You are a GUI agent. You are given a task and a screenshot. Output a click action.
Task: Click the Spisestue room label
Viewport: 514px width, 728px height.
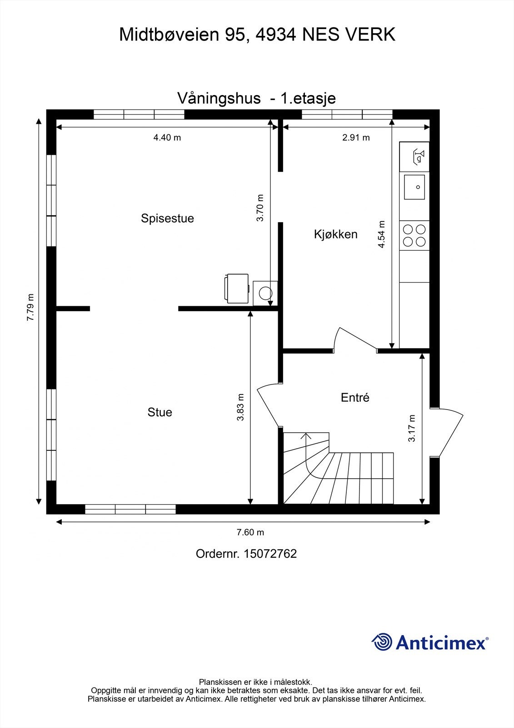pos(167,218)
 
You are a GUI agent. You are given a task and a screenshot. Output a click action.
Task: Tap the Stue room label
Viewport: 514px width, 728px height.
pos(160,412)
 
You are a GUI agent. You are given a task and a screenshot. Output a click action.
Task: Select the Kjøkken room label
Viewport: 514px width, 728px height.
pos(335,234)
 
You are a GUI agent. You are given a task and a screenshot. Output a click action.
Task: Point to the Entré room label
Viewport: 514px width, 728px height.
pos(355,398)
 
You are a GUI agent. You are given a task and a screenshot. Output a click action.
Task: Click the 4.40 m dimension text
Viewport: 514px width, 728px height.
pos(167,137)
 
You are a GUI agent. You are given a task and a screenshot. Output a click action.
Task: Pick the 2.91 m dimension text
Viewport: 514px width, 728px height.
pos(356,137)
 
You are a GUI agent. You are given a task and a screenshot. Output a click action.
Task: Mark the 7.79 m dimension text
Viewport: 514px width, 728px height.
pos(30,308)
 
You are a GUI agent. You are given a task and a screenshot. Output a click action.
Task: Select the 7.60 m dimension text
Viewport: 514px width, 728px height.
pos(250,532)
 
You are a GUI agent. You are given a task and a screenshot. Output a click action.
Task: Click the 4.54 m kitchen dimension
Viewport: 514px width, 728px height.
pos(382,234)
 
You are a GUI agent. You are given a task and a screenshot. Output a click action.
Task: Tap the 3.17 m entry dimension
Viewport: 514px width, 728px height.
pos(412,428)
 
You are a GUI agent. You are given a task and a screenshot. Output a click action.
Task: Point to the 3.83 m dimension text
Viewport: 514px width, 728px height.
pos(240,407)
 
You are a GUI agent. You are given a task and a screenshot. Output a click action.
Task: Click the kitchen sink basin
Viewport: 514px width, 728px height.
pos(414,187)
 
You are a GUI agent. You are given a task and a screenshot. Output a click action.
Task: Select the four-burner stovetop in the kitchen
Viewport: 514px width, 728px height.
pos(414,235)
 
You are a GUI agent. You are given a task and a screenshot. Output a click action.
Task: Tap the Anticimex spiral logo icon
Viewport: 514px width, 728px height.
pos(382,642)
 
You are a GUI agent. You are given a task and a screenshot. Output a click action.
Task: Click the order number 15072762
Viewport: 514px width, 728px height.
pos(270,554)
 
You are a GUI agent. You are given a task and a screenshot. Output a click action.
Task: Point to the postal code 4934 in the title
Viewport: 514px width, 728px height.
pos(274,35)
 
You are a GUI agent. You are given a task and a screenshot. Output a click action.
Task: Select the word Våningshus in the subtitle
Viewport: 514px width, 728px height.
pos(219,98)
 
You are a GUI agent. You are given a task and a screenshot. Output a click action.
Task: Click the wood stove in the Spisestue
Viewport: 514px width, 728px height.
pos(237,288)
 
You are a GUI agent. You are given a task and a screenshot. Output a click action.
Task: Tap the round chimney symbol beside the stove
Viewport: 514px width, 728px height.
pos(265,293)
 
